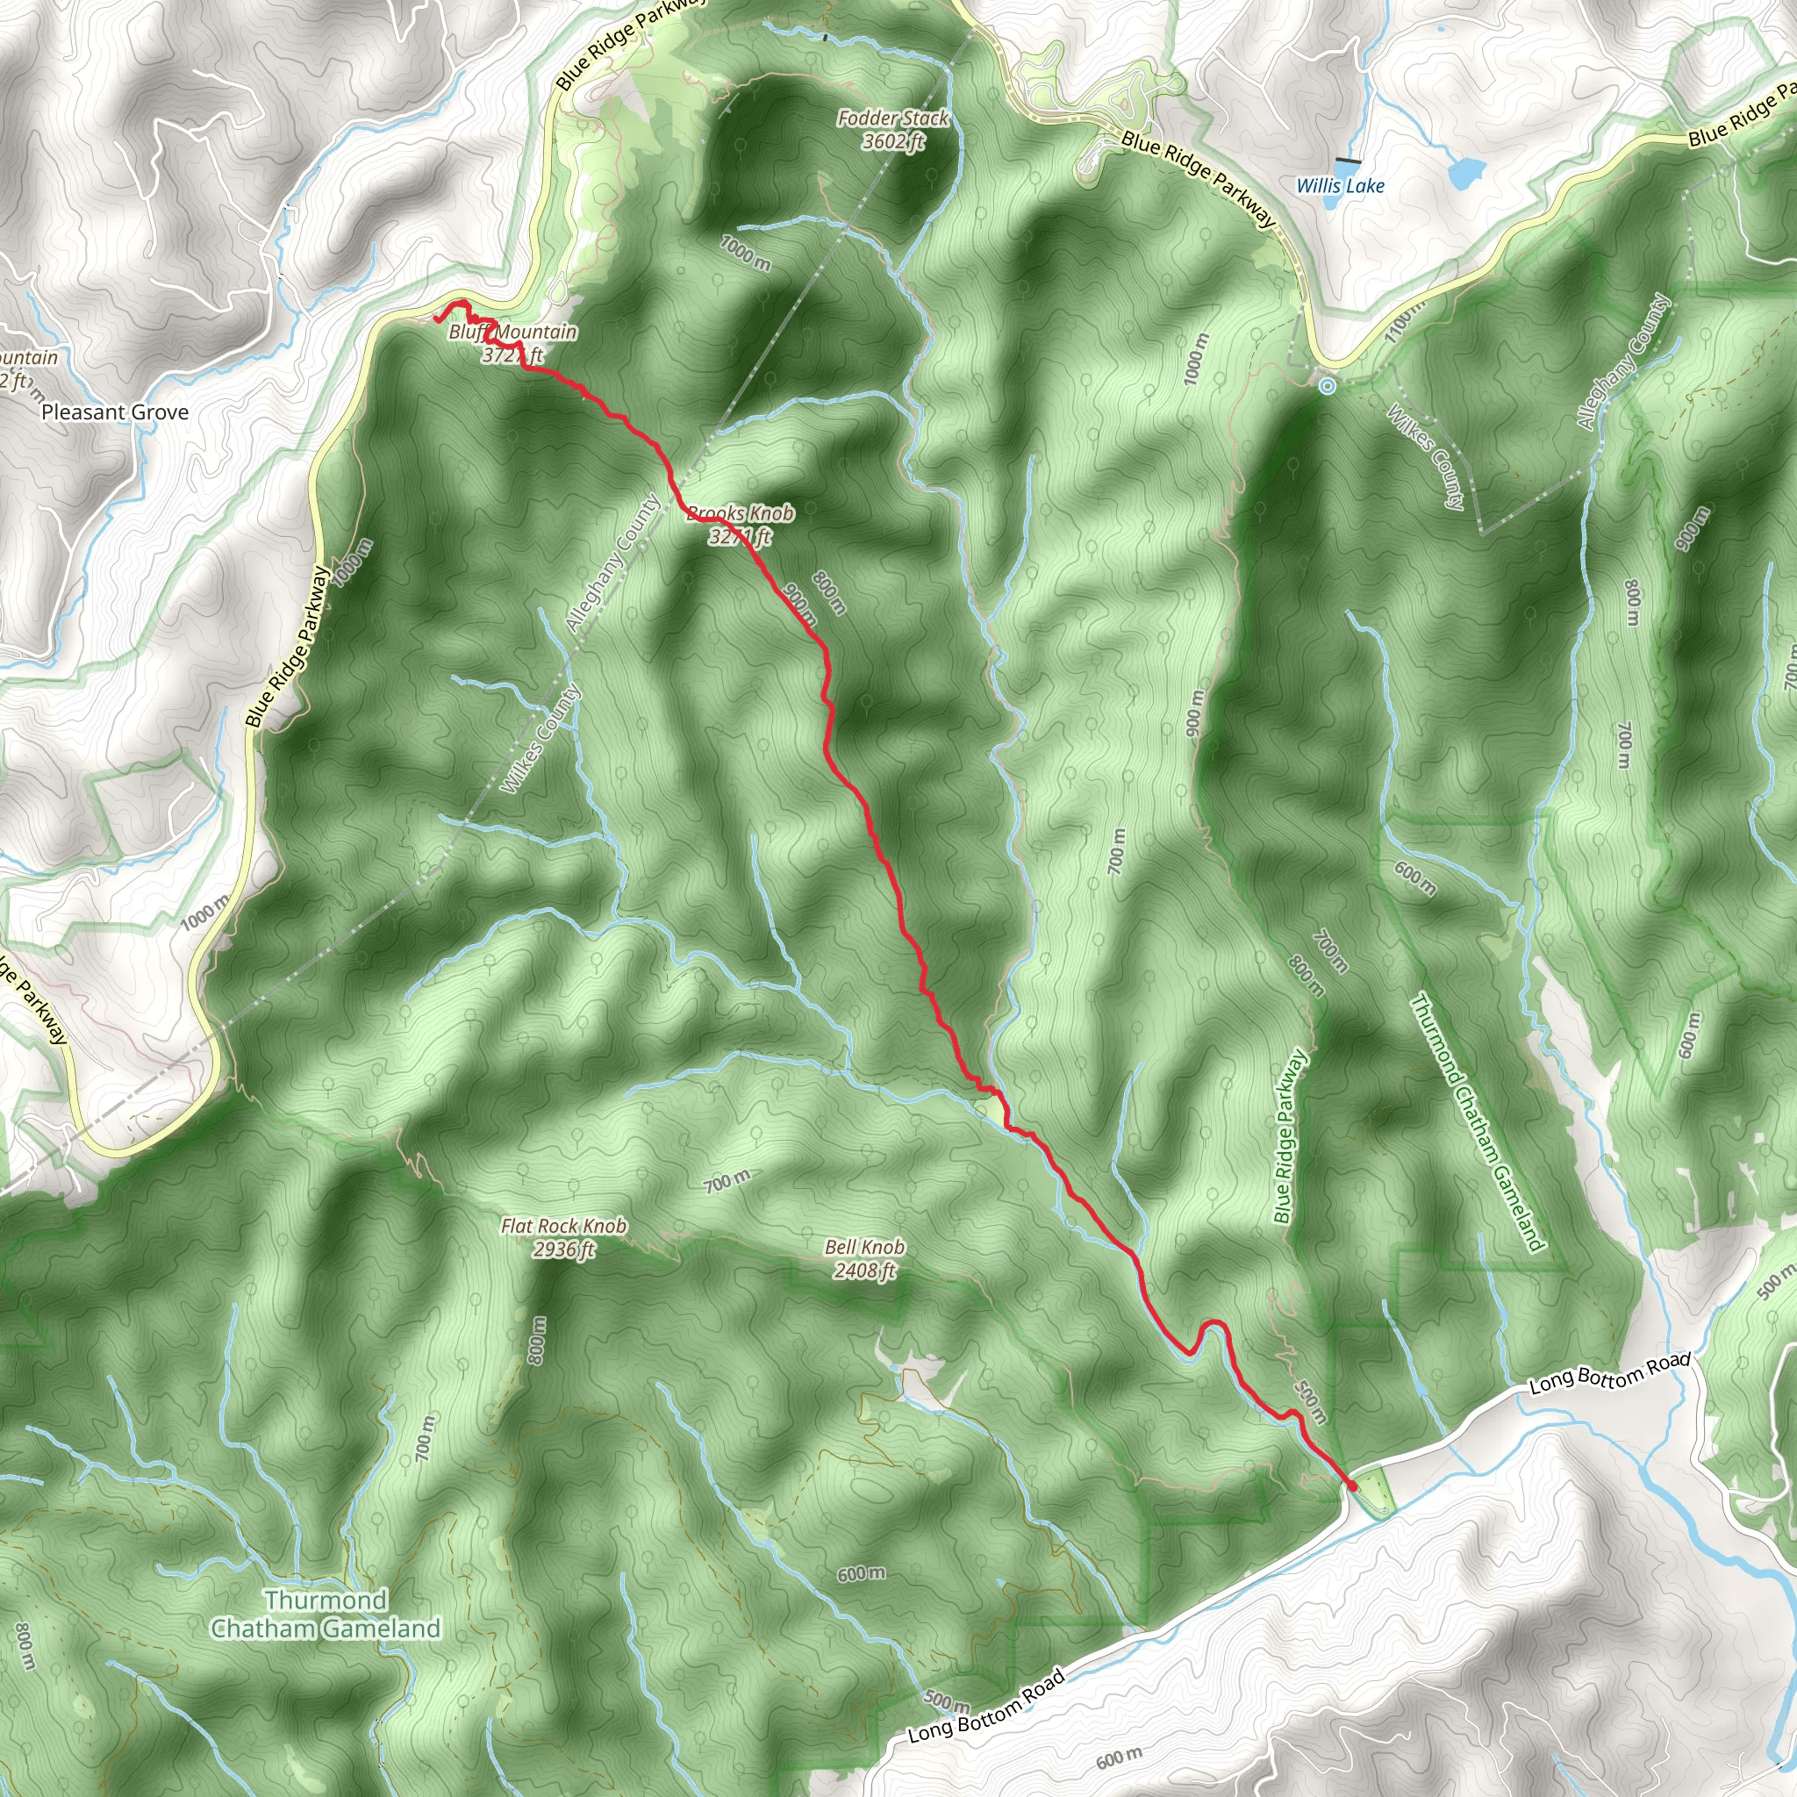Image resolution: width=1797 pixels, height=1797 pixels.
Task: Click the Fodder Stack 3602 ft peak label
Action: [x=893, y=130]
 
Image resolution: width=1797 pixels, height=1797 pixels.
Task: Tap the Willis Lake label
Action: [x=1341, y=186]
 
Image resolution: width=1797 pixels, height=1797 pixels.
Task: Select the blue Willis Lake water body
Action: [x=1464, y=172]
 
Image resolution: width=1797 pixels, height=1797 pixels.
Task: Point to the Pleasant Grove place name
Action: [x=115, y=412]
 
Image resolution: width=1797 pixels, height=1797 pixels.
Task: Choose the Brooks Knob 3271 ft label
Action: [x=741, y=525]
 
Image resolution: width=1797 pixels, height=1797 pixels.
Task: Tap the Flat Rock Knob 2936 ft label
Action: [x=563, y=1237]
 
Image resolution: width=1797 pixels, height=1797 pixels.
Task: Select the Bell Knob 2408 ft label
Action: [x=864, y=1258]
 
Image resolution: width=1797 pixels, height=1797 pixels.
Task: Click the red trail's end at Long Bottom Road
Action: [x=1351, y=1488]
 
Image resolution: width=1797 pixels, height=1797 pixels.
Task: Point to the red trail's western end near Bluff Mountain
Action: [x=435, y=321]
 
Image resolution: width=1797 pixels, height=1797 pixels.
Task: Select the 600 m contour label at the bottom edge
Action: [x=1119, y=1757]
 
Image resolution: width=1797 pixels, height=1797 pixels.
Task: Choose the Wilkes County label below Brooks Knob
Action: [x=541, y=740]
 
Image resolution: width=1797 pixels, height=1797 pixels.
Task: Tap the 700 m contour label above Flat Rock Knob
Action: [x=727, y=1182]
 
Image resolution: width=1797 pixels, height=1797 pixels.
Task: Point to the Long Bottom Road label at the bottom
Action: [x=986, y=1707]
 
